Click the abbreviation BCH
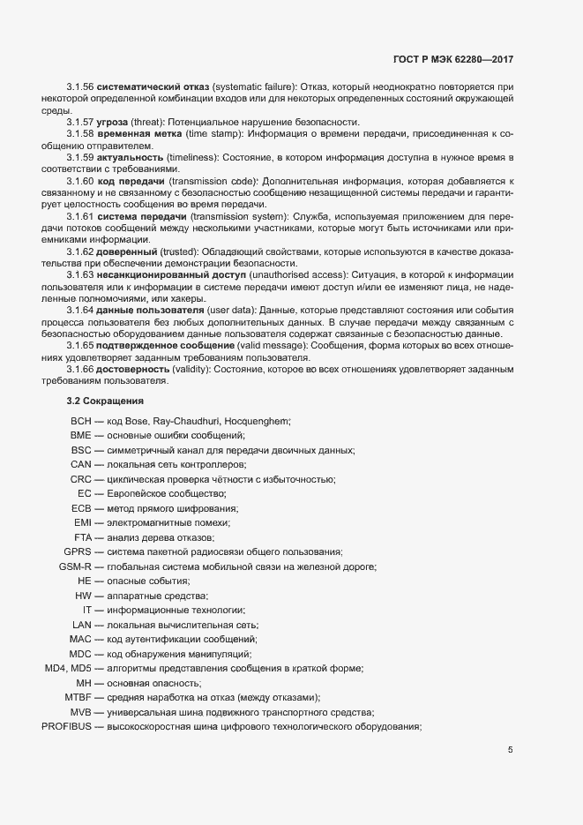tap(80, 421)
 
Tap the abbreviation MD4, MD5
tap(68, 668)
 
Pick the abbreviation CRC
tap(81, 479)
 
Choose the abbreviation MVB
tap(81, 712)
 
